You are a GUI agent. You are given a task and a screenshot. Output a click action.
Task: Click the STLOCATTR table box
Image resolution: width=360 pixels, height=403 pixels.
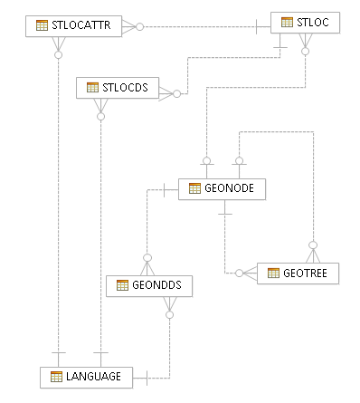coord(73,26)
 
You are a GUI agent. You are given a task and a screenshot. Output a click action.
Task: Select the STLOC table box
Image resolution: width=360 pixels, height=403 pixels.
coord(305,23)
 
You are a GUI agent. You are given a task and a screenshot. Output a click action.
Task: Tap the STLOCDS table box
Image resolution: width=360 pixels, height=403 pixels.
coord(118,88)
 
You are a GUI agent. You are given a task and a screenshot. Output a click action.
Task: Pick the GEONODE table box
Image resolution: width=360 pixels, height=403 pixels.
coord(222,189)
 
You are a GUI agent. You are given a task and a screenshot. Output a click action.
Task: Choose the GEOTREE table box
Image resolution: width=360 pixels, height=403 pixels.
coord(298,273)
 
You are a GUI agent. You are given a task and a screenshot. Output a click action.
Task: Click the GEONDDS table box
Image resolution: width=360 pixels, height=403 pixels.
coord(149,286)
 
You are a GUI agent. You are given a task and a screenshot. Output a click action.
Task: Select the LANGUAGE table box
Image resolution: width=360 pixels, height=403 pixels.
coord(86,378)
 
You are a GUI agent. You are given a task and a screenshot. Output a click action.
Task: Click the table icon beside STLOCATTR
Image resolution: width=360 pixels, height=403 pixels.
coord(42,25)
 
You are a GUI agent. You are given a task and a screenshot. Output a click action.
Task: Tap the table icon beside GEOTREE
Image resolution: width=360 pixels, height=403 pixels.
coord(273,273)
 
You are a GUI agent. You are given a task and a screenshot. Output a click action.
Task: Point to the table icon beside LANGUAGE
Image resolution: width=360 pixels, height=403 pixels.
coord(56,377)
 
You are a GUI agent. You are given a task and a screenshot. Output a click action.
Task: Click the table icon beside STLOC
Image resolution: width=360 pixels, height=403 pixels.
coord(287,22)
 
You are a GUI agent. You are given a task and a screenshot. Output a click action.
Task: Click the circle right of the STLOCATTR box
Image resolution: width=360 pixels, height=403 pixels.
coord(139,27)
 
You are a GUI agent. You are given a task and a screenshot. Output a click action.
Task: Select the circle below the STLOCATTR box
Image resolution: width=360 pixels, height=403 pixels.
coord(59,55)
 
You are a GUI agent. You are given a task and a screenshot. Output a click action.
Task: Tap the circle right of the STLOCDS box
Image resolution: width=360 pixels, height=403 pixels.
coord(177,94)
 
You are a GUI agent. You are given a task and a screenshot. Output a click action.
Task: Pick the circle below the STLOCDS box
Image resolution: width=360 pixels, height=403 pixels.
coord(101,117)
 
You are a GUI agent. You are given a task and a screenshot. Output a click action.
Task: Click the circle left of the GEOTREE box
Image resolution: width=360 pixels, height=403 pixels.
coord(239,273)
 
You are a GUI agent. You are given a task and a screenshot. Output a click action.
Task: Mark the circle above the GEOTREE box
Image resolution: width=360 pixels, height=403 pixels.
coord(313,245)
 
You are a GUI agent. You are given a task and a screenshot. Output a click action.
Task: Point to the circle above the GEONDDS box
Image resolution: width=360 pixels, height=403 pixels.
coord(147,258)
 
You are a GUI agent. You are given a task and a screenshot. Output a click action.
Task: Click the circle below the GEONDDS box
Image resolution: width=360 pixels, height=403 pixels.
coord(170,315)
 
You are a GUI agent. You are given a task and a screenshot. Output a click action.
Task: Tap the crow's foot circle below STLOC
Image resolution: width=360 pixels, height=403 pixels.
coord(306,52)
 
